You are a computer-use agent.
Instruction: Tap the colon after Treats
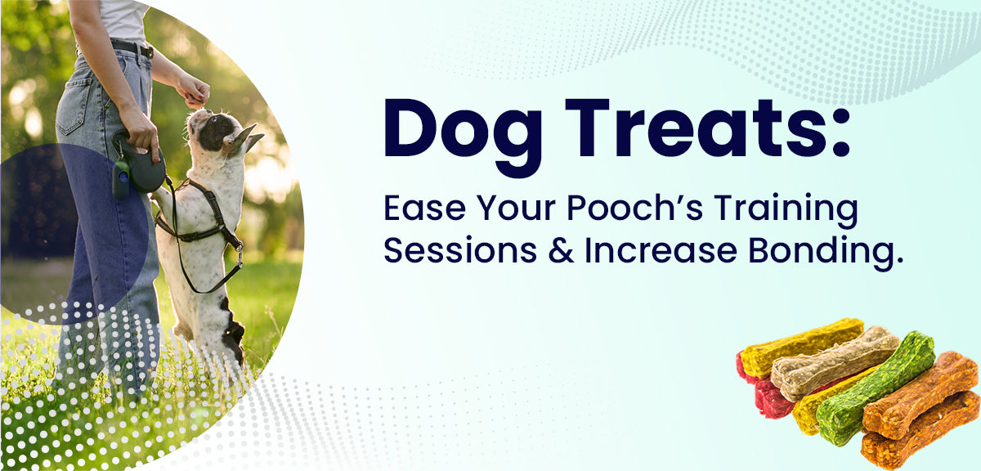[840, 132]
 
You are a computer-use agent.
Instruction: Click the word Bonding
[826, 253]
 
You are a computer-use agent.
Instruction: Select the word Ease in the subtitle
[424, 209]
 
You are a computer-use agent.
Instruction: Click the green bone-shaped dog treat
[876, 388]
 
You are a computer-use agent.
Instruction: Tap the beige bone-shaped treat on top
[835, 362]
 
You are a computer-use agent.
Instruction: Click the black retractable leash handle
[145, 167]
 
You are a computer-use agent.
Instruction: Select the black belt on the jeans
[132, 47]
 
